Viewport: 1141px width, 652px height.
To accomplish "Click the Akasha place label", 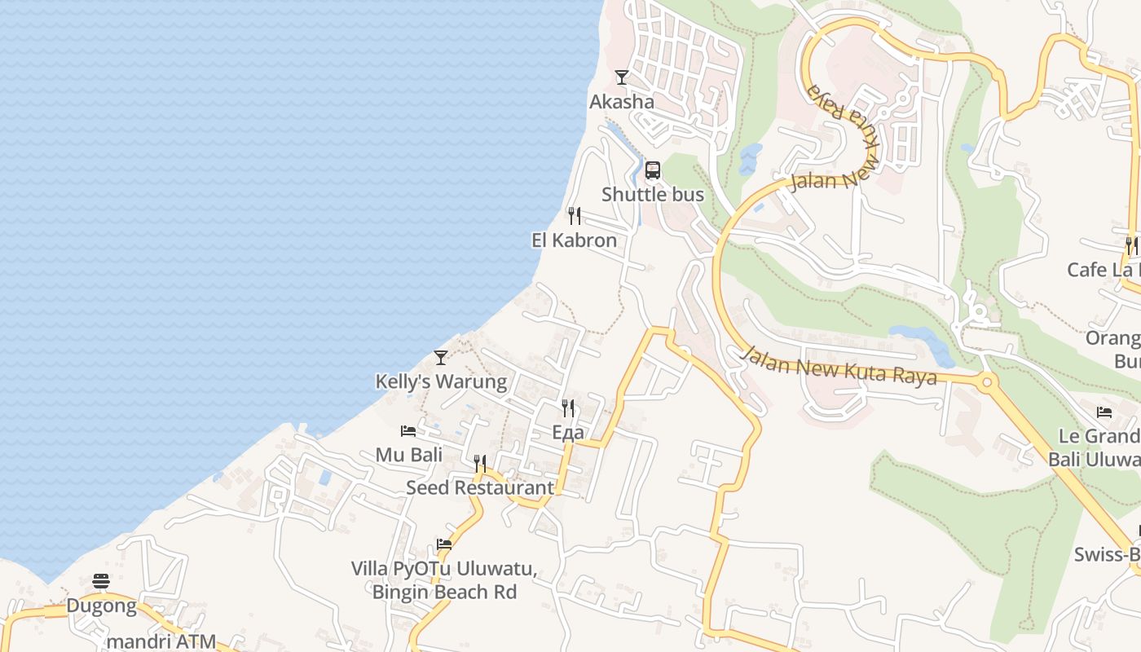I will point(622,102).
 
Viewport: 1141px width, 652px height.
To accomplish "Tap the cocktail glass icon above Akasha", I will point(622,77).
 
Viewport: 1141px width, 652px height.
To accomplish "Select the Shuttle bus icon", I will point(653,170).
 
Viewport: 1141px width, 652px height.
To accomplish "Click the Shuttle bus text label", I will point(653,195).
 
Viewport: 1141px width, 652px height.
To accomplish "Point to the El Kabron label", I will point(574,240).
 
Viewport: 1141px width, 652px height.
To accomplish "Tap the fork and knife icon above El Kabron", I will point(575,216).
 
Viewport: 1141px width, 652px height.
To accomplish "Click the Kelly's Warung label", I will point(441,381).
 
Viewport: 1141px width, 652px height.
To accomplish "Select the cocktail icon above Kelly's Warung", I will point(441,357).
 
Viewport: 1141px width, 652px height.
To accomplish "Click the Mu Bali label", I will point(409,455).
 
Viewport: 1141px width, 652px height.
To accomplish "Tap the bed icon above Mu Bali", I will point(408,430).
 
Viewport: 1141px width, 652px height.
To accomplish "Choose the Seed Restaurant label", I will point(480,488).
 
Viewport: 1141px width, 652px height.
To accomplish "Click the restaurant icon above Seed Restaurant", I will point(480,464).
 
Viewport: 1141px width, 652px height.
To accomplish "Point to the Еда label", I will point(568,433).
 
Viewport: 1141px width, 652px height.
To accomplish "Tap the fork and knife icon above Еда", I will point(568,408).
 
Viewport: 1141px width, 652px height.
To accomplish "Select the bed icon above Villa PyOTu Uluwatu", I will point(444,544).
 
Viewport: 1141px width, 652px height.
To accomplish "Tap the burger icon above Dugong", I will point(101,581).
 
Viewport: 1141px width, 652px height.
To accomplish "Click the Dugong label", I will point(101,606).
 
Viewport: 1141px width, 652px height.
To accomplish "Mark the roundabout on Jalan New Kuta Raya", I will point(987,381).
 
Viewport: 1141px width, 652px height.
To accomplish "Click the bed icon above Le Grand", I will point(1104,412).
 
